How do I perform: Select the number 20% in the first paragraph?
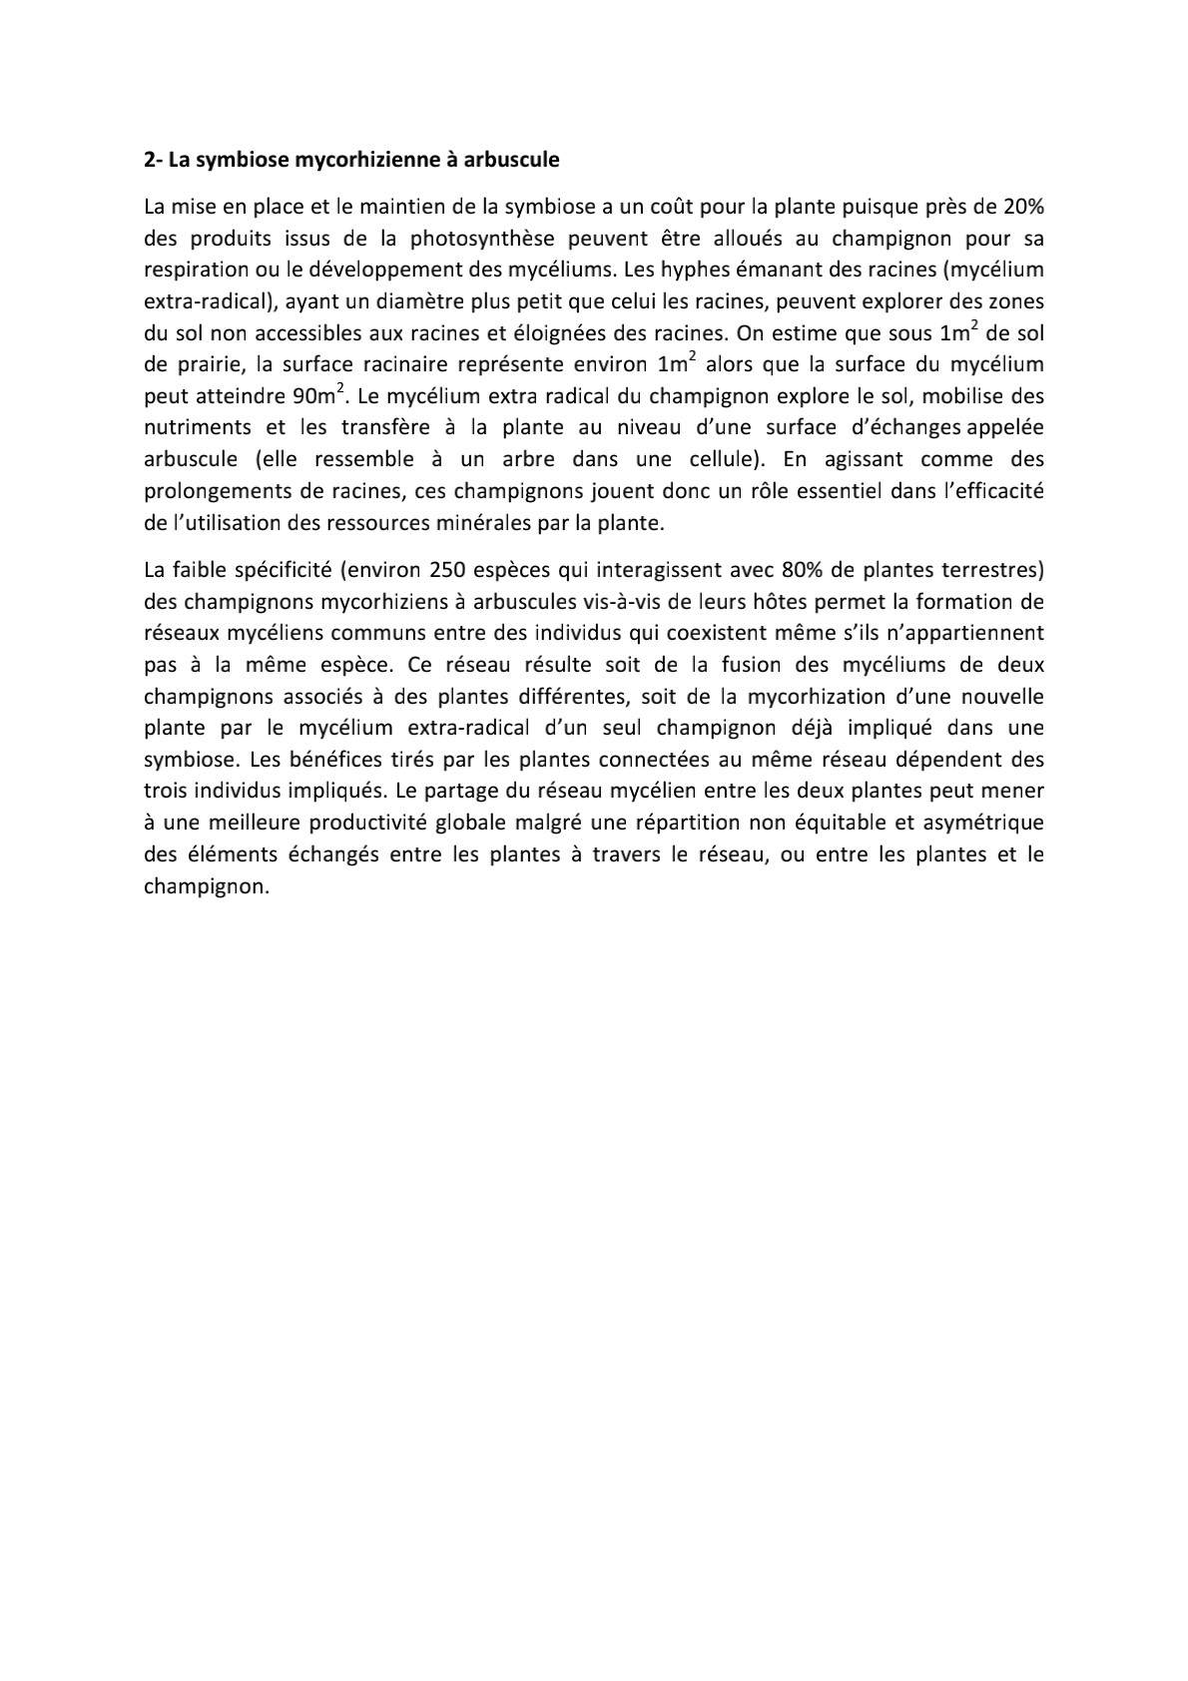click(1022, 207)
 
